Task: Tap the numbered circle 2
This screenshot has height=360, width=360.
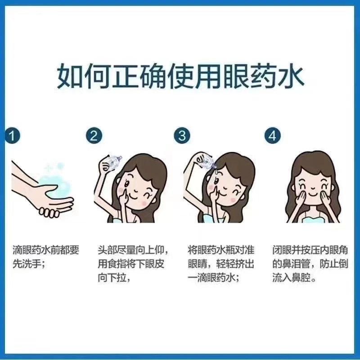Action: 93,136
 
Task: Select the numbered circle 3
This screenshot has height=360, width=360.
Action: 181,136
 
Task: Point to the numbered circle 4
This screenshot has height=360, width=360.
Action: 273,136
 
